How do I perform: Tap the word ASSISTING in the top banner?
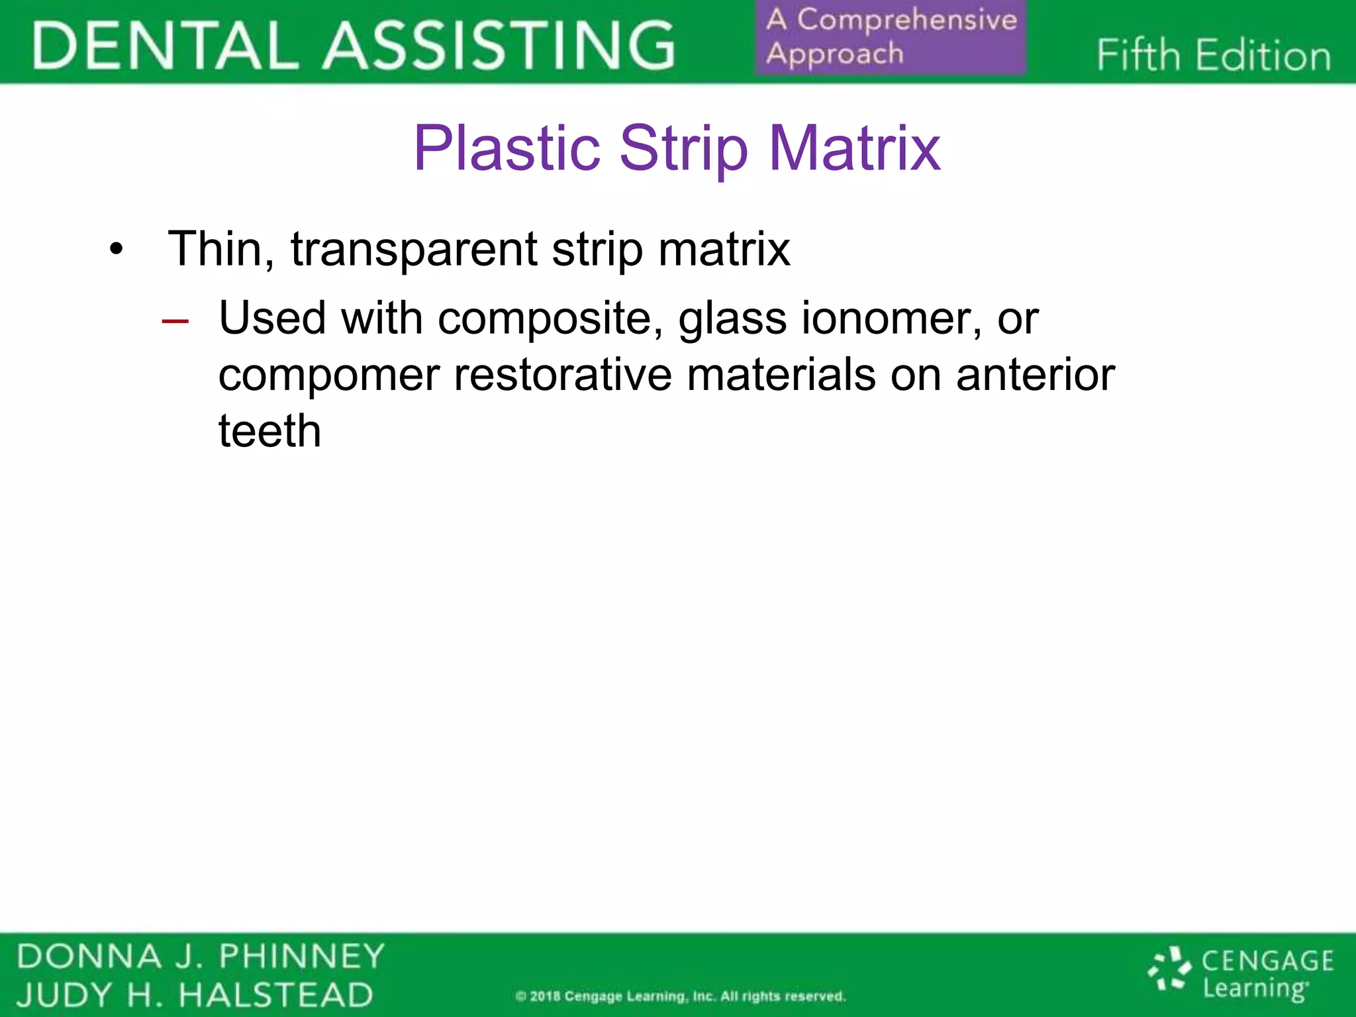[498, 45]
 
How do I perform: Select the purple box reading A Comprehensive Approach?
[891, 37]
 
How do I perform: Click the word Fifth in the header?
[1138, 55]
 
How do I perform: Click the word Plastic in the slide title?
[507, 149]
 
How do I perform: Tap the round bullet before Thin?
[117, 251]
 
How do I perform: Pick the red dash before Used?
[175, 321]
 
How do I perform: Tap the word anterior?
[1035, 375]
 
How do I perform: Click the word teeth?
[269, 431]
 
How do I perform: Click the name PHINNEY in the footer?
[302, 956]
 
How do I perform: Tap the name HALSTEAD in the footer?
[276, 995]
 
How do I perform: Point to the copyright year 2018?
[544, 996]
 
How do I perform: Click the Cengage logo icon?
[1169, 971]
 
